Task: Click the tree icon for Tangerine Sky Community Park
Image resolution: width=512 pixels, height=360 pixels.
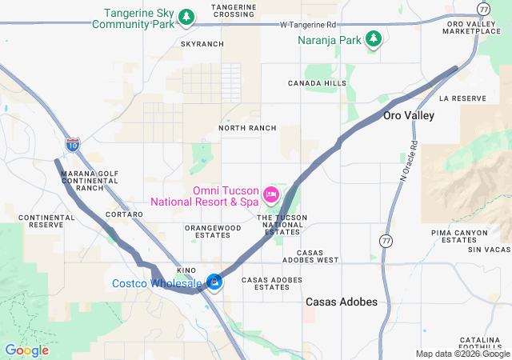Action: click(186, 17)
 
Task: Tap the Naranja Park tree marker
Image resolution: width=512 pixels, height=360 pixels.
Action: click(373, 38)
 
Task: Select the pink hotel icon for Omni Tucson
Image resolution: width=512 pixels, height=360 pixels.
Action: click(270, 194)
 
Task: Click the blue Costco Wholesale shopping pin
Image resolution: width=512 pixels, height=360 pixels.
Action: click(214, 282)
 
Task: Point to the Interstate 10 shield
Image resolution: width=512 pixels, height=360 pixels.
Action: click(73, 144)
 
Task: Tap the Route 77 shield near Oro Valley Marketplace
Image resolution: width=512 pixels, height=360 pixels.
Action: click(483, 8)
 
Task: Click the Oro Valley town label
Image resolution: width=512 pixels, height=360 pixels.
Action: click(408, 116)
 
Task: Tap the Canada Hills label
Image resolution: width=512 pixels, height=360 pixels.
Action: click(318, 83)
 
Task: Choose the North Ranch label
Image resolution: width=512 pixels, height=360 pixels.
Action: click(247, 128)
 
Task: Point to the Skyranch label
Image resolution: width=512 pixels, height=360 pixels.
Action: click(202, 44)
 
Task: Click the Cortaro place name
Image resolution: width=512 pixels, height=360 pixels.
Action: click(124, 214)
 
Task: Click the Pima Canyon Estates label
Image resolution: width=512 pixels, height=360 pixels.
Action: click(454, 235)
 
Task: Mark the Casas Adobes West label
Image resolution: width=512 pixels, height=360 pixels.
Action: click(311, 260)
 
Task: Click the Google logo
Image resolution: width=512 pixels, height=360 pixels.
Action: click(26, 350)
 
